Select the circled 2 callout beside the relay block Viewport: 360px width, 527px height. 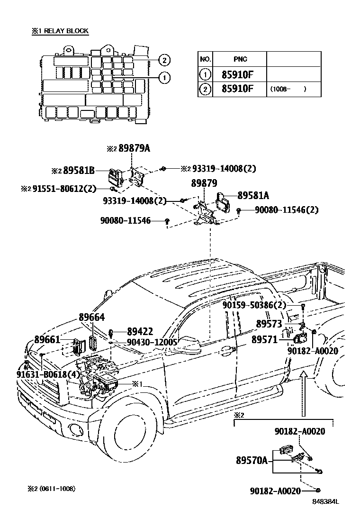point(163,60)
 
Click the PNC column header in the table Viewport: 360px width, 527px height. point(240,59)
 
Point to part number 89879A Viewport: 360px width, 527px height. point(134,148)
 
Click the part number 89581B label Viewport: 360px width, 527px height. point(79,170)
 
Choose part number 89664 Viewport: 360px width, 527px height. point(91,318)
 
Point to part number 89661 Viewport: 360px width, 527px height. point(47,339)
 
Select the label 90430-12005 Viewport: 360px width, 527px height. point(152,342)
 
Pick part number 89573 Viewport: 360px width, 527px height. point(269,324)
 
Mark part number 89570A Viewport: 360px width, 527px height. point(252,460)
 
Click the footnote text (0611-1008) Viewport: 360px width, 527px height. point(57,489)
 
